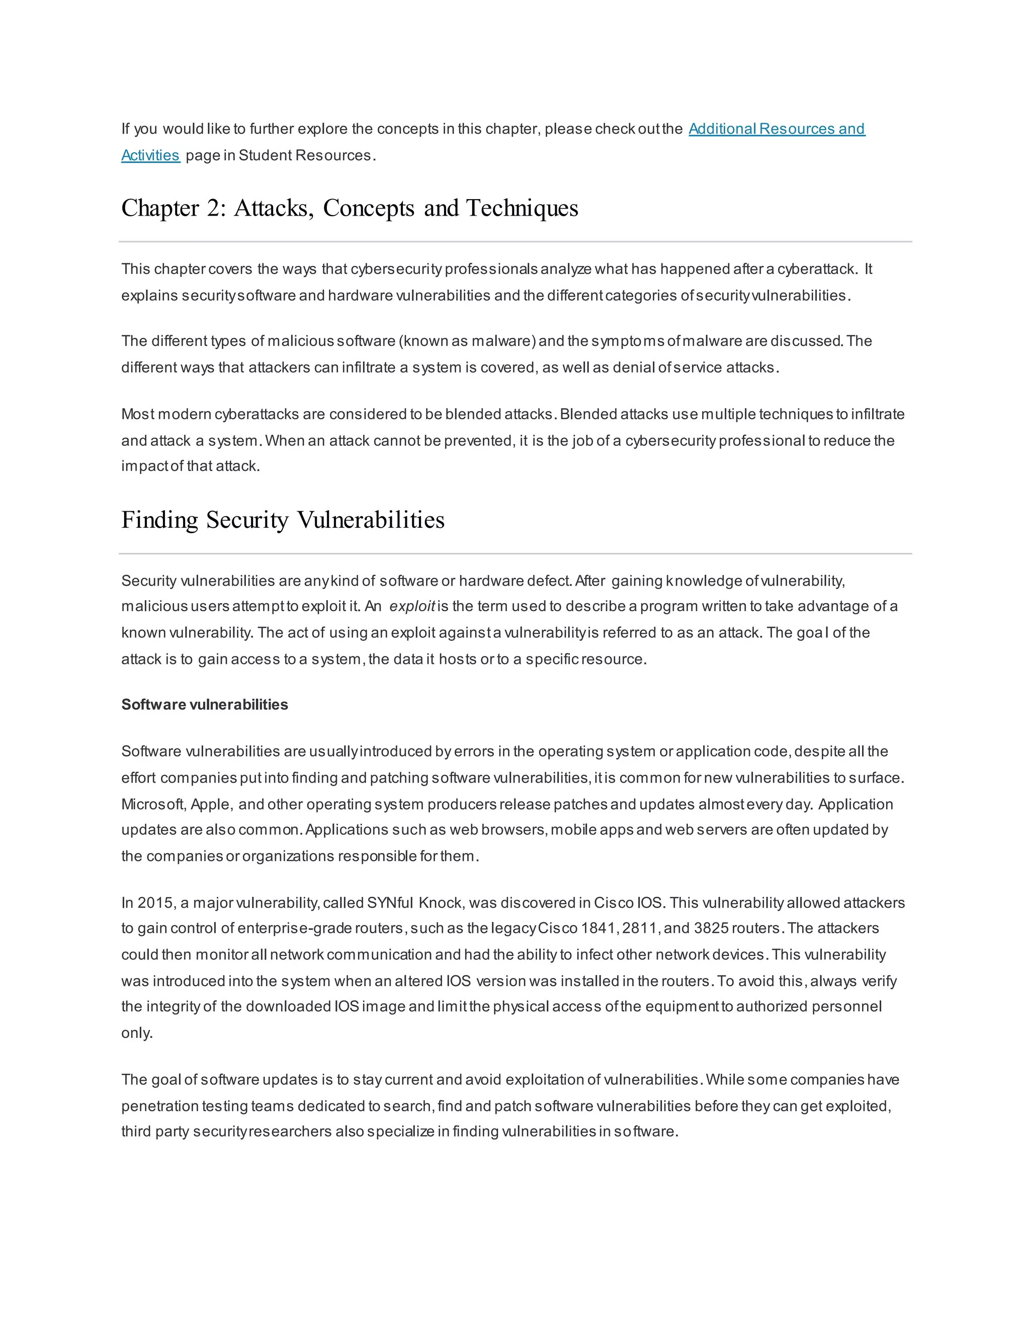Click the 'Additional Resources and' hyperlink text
[x=776, y=129]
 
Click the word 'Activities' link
[x=150, y=155]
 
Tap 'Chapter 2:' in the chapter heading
[x=174, y=209]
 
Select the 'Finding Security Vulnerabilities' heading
[x=283, y=520]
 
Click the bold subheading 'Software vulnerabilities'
[x=204, y=704]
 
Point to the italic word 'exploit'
[x=412, y=606]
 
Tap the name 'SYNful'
[x=390, y=903]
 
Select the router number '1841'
[x=598, y=928]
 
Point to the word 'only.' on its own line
[x=137, y=1033]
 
